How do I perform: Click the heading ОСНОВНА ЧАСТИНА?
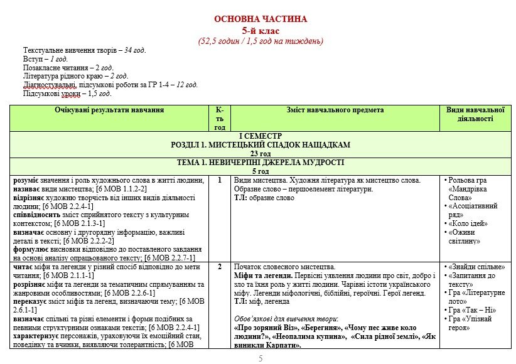click(261, 19)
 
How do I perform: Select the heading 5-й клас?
click(261, 30)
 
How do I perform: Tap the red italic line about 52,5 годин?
click(261, 41)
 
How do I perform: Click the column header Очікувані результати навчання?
click(109, 110)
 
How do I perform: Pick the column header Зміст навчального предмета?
click(335, 110)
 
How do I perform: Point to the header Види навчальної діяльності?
click(475, 114)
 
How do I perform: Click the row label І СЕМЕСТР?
click(261, 136)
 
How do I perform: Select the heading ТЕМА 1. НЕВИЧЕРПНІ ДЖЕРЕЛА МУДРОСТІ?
click(261, 162)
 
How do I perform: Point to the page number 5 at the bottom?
click(261, 358)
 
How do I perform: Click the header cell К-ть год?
click(220, 119)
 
